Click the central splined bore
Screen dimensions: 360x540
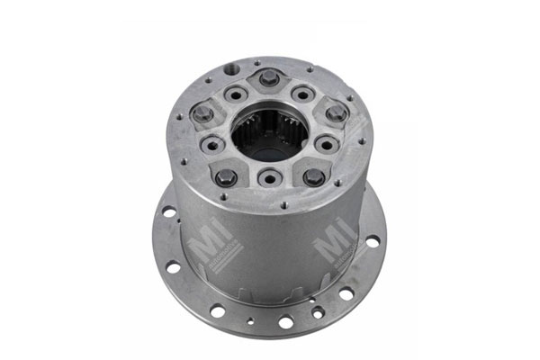point(268,133)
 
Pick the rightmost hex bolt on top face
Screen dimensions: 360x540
point(335,113)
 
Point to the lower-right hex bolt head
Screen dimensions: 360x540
point(313,176)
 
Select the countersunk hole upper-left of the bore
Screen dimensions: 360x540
point(237,93)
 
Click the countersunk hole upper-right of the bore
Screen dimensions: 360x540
point(303,94)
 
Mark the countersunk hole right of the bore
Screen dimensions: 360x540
point(326,144)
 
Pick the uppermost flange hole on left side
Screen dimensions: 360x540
point(168,213)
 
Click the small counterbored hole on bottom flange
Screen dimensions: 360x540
point(317,311)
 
